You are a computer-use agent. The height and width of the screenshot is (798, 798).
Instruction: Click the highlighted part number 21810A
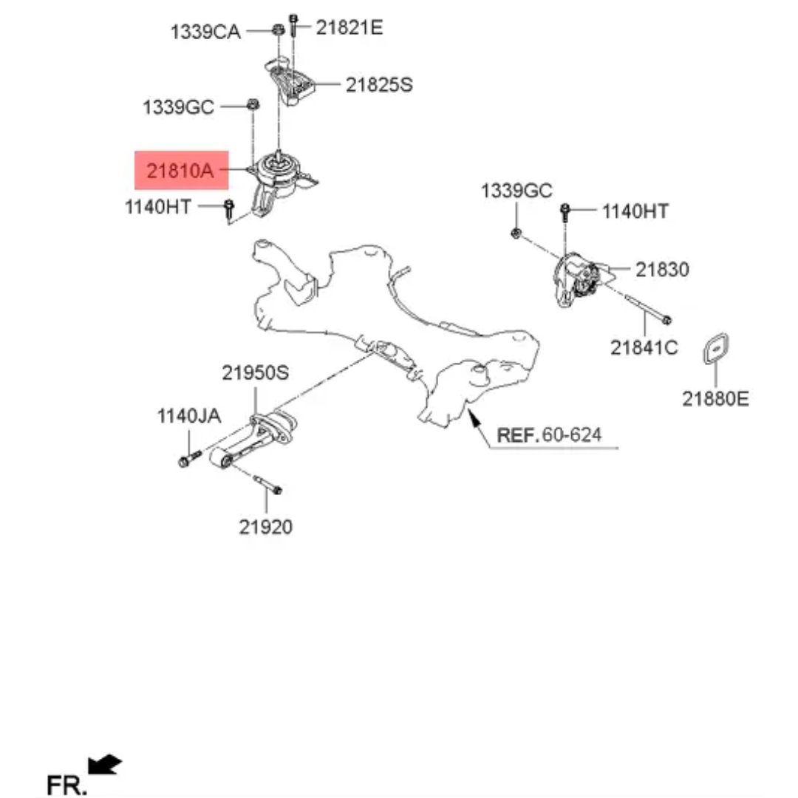click(x=180, y=171)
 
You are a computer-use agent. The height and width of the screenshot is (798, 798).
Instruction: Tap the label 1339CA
click(x=205, y=32)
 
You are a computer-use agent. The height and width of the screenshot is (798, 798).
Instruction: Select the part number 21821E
click(x=349, y=27)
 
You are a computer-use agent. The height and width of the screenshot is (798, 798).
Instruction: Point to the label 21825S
click(x=379, y=84)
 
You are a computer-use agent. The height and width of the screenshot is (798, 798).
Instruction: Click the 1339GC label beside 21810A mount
click(x=178, y=107)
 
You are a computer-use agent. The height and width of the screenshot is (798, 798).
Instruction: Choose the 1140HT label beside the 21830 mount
click(x=635, y=211)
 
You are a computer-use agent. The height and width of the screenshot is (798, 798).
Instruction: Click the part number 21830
click(x=662, y=269)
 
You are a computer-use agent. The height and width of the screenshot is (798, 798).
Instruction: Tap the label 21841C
click(x=644, y=347)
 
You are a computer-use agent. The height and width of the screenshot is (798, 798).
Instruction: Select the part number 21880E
click(x=715, y=398)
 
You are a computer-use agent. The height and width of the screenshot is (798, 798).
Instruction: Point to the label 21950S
click(x=255, y=373)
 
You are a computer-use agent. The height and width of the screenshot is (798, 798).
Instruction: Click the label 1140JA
click(x=189, y=416)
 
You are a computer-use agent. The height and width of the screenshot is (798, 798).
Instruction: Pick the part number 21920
click(x=266, y=527)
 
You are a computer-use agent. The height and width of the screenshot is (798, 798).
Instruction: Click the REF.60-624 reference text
click(x=549, y=434)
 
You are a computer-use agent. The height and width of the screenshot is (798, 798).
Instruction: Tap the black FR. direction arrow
click(x=105, y=765)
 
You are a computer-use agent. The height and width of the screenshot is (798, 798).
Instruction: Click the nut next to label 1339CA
click(x=279, y=29)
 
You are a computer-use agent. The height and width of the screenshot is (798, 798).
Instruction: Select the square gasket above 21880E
click(x=716, y=349)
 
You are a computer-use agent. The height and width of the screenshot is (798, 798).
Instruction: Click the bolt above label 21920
click(x=267, y=484)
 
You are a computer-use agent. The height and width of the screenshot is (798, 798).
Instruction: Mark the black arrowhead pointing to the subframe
click(x=474, y=420)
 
